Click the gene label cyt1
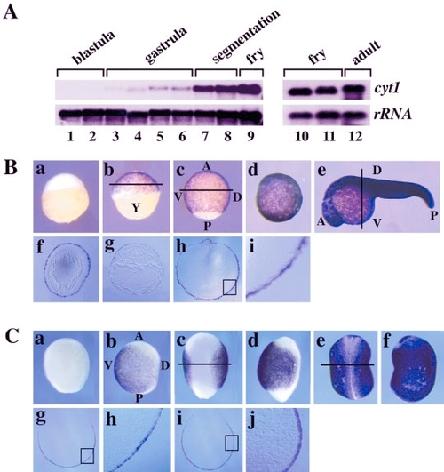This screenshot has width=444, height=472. pyautogui.click(x=386, y=89)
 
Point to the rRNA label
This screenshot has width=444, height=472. pyautogui.click(x=392, y=115)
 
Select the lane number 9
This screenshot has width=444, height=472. pyautogui.click(x=250, y=136)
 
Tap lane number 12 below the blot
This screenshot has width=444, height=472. pyautogui.click(x=355, y=136)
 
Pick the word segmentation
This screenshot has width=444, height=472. pyautogui.click(x=246, y=36)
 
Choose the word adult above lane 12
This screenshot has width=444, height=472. pyautogui.click(x=366, y=52)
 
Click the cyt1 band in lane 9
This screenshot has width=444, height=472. pyautogui.click(x=250, y=89)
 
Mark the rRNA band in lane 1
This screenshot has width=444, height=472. pyautogui.click(x=70, y=115)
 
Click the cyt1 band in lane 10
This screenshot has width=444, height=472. pyautogui.click(x=301, y=91)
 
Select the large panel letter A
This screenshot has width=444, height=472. pyautogui.click(x=11, y=12)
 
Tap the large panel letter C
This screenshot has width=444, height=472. pyautogui.click(x=12, y=337)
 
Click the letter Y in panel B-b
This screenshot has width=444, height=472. pyautogui.click(x=136, y=207)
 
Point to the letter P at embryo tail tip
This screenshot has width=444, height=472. pyautogui.click(x=433, y=215)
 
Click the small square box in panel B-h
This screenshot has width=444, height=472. pyautogui.click(x=229, y=287)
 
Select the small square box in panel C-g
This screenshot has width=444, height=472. pyautogui.click(x=87, y=456)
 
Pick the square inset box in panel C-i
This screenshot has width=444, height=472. pyautogui.click(x=232, y=443)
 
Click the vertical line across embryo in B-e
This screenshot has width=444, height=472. pyautogui.click(x=361, y=199)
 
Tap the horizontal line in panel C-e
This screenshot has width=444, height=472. pyautogui.click(x=347, y=364)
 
